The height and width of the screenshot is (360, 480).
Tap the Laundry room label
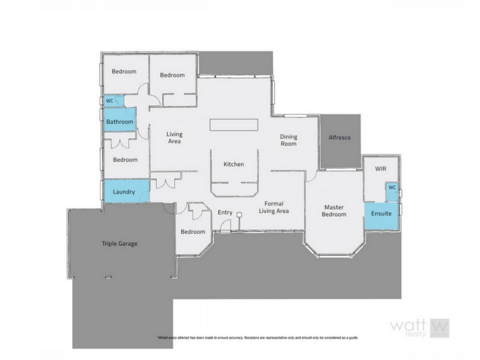click(124, 192)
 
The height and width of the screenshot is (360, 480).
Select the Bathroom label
click(119, 122)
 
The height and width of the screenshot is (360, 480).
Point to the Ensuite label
click(381, 213)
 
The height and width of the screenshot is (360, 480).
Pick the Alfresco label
click(340, 138)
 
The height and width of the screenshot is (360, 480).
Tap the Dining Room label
click(289, 140)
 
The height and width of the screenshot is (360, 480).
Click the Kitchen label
click(233, 164)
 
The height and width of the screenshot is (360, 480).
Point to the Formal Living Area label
click(274, 208)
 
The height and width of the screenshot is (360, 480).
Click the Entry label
click(225, 212)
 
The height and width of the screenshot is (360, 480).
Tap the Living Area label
click(174, 138)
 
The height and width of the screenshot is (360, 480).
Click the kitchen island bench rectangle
click(234, 124)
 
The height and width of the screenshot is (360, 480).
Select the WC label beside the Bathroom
click(109, 101)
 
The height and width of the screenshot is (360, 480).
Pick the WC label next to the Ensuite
click(392, 187)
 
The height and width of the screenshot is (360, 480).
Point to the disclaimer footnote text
click(257, 338)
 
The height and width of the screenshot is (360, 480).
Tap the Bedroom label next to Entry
click(193, 232)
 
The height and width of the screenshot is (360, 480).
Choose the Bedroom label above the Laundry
click(125, 160)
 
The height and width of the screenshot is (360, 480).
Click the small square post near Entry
click(239, 214)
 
